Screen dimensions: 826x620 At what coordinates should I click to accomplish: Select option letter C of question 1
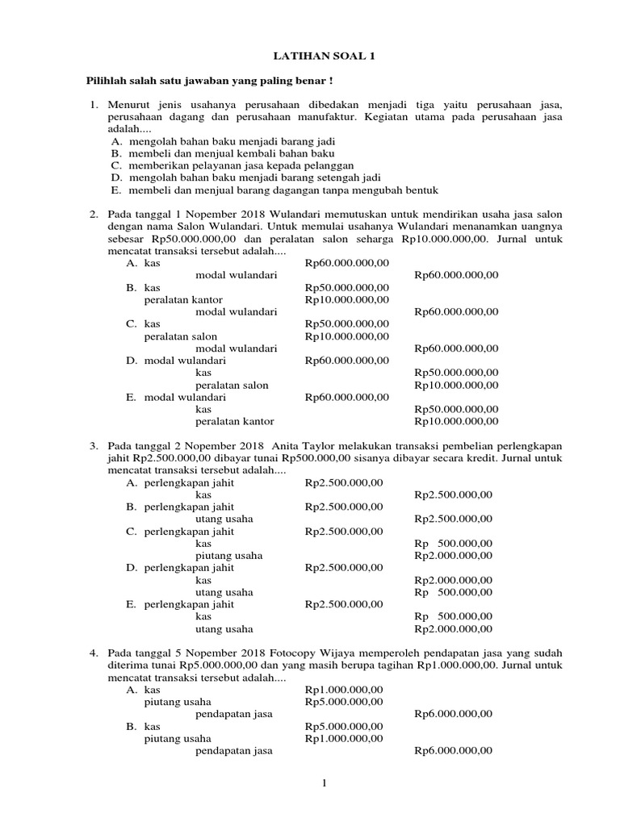pos(115,165)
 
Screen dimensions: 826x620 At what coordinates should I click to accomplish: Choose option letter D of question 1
pos(115,177)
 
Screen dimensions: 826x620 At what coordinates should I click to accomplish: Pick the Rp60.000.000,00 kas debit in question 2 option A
pos(347,262)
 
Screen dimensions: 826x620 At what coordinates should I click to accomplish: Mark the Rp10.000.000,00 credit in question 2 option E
pos(456,421)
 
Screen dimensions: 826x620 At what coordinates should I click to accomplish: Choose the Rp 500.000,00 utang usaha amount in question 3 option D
pos(452,592)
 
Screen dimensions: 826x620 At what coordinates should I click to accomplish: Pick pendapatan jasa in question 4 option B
pos(233,750)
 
